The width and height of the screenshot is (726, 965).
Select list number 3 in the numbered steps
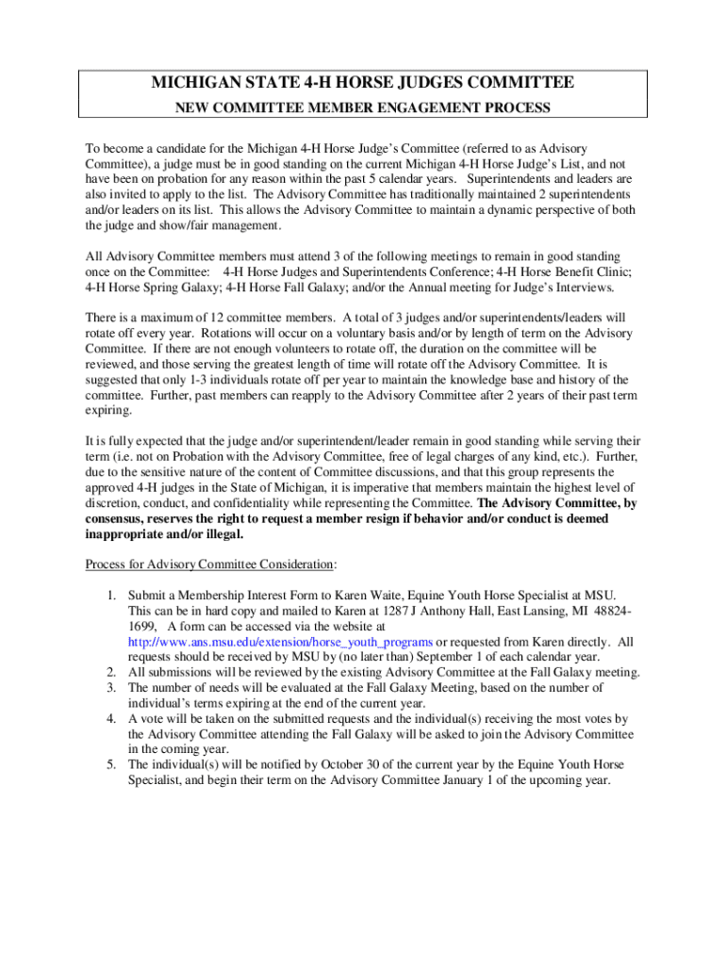coord(110,687)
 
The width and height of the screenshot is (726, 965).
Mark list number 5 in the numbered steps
coord(110,764)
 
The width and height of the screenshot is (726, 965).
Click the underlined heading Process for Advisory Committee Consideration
coord(209,564)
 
